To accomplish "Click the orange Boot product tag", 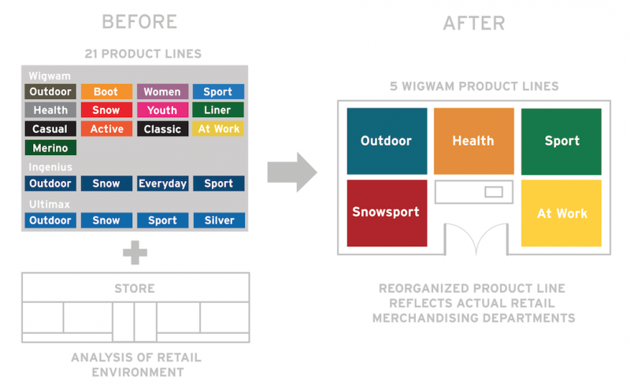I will pyautogui.click(x=106, y=92).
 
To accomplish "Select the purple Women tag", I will pyautogui.click(x=162, y=92).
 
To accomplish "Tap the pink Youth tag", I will pyautogui.click(x=162, y=111).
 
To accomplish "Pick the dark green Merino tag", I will pyautogui.click(x=50, y=148).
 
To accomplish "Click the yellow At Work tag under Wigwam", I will pyautogui.click(x=218, y=129).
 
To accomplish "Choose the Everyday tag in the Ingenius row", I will pyautogui.click(x=162, y=184).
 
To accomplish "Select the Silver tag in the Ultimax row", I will pyautogui.click(x=218, y=220).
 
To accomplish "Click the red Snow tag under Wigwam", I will pyautogui.click(x=106, y=111).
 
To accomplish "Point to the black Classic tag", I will pyautogui.click(x=162, y=129).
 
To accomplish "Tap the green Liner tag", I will pyautogui.click(x=218, y=111).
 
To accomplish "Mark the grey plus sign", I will pyautogui.click(x=135, y=253).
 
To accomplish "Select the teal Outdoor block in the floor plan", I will pyautogui.click(x=387, y=142).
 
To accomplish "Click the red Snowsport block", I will pyautogui.click(x=387, y=213).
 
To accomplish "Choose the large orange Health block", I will pyautogui.click(x=473, y=142).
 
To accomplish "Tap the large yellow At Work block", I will pyautogui.click(x=561, y=213).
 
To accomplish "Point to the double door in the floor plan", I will pyautogui.click(x=475, y=239).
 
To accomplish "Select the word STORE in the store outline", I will pyautogui.click(x=135, y=287).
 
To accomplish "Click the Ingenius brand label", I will pyautogui.click(x=50, y=167).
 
